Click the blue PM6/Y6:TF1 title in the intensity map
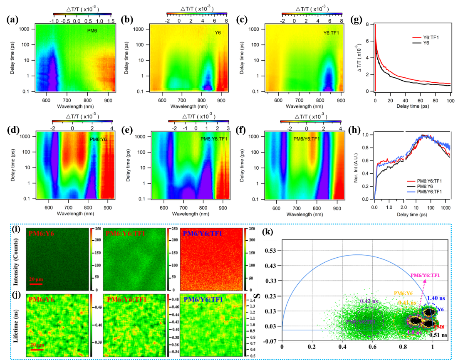(x=203, y=233)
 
